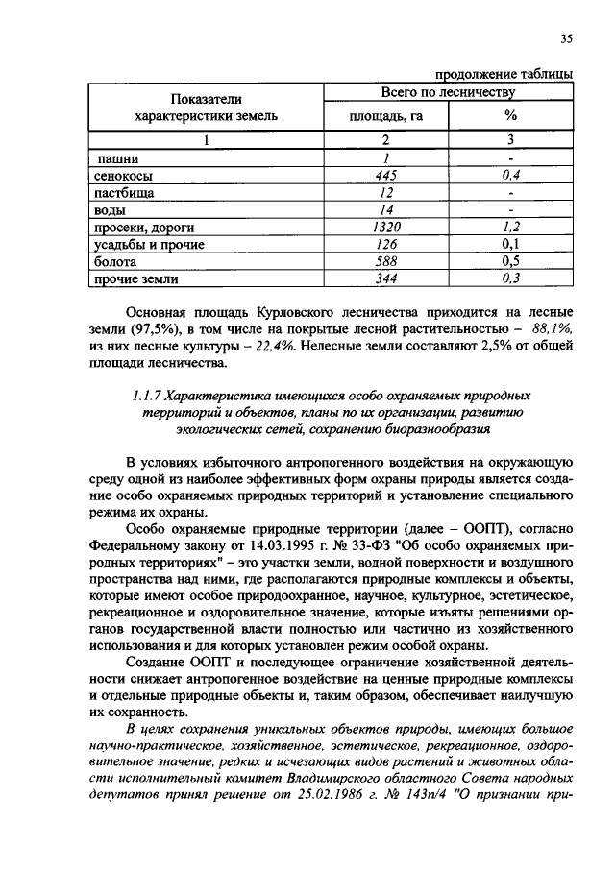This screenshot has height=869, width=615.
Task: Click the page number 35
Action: [x=566, y=38]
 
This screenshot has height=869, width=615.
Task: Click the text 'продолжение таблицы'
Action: [x=504, y=75]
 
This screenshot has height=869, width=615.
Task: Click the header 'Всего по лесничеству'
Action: [x=448, y=93]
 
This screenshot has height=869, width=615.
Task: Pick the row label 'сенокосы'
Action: [x=123, y=176]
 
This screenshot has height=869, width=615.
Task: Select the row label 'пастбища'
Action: [x=122, y=193]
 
